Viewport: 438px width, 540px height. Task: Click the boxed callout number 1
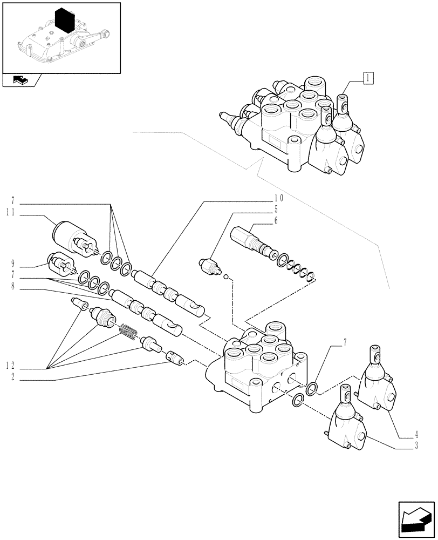(367, 78)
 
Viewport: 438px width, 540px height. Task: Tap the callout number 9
(11, 265)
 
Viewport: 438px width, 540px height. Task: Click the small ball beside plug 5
(227, 279)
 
